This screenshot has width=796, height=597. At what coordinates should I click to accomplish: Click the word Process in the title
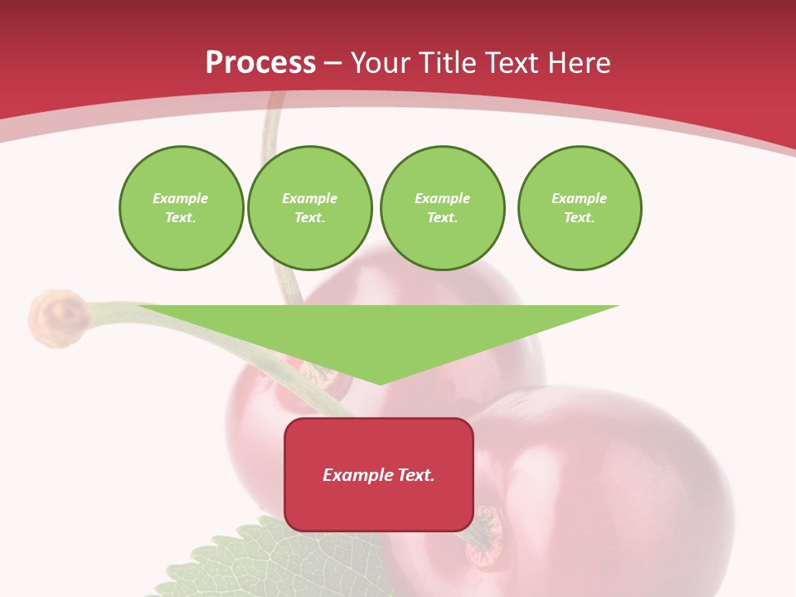(x=260, y=63)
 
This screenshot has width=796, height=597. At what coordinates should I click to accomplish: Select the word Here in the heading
(x=578, y=63)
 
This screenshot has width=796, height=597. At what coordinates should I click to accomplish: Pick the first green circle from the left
(x=182, y=208)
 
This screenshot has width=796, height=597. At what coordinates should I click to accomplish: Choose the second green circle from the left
(x=310, y=208)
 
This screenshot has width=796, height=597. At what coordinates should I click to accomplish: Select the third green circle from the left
(x=443, y=208)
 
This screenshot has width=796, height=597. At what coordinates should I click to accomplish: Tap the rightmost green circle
(x=580, y=208)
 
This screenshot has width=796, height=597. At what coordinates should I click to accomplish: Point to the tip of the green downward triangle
(x=380, y=383)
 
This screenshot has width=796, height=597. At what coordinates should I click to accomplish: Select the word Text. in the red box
(x=415, y=475)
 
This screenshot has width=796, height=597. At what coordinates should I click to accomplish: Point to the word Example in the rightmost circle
(x=580, y=198)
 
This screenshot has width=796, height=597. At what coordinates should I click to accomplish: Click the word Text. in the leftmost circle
(x=181, y=218)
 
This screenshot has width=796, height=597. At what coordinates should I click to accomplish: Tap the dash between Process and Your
(x=332, y=63)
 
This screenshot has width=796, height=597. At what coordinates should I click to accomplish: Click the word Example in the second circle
(x=310, y=198)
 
